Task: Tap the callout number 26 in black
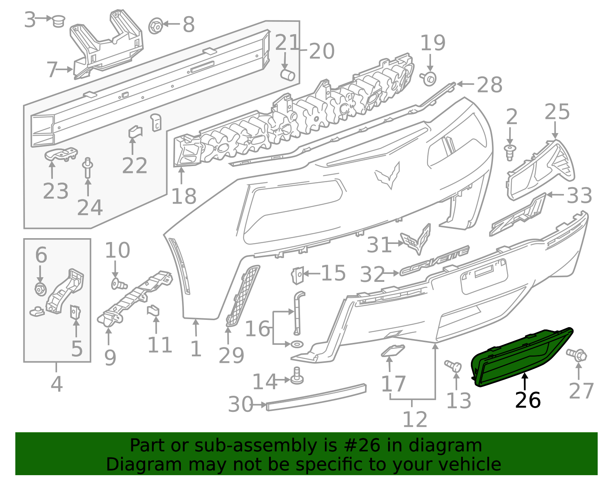[528, 400]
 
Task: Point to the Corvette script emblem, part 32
[434, 260]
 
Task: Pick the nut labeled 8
[156, 26]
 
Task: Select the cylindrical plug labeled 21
[288, 74]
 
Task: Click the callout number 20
[322, 51]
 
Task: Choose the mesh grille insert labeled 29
[243, 296]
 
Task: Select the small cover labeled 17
[392, 351]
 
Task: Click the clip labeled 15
[298, 275]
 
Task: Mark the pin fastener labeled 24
[88, 168]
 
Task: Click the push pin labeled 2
[510, 152]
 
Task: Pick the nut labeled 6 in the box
[40, 288]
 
